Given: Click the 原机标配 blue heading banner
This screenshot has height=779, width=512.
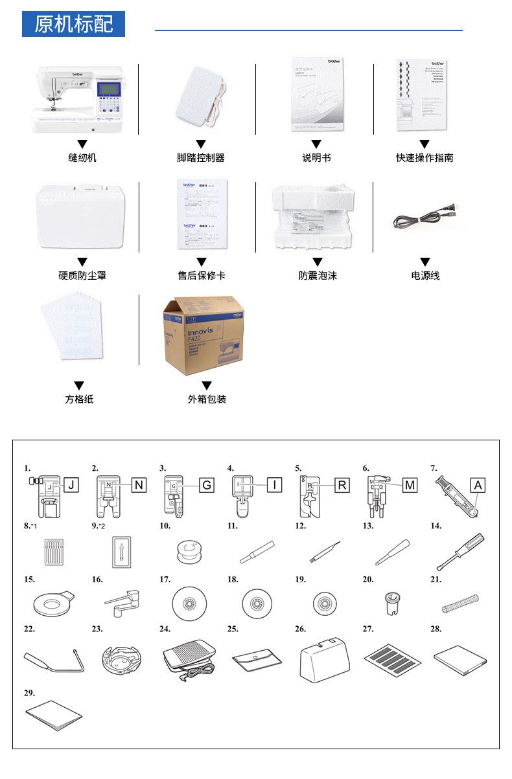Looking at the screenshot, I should tap(73, 25).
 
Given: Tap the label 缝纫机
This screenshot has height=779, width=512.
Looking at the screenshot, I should tap(82, 157).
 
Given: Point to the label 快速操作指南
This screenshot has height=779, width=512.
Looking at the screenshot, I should tap(425, 157).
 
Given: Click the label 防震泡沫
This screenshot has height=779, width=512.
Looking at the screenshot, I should tap(318, 276).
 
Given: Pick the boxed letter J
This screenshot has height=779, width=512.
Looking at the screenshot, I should tap(73, 485).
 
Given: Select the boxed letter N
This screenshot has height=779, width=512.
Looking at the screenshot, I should tap(139, 485).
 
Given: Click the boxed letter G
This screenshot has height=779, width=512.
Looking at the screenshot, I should tap(206, 485).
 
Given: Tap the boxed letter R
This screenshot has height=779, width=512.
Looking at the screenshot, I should tap(342, 485).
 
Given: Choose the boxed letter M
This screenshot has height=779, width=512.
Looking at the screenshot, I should tap(410, 485).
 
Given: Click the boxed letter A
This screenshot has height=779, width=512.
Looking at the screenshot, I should tap(478, 485).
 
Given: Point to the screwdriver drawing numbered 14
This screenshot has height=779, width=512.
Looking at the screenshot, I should tap(461, 550).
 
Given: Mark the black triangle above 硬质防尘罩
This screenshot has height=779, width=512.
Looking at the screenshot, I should tap(82, 262).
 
